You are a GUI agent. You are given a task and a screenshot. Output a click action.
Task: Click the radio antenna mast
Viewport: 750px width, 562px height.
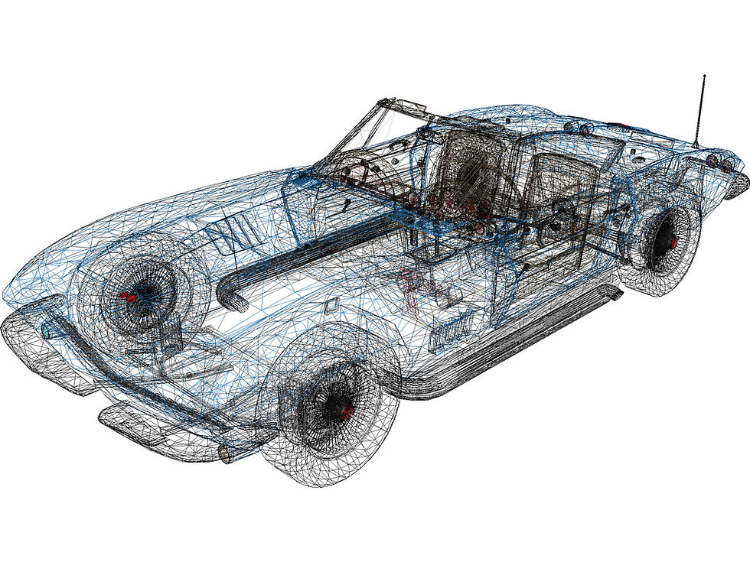click(x=699, y=111)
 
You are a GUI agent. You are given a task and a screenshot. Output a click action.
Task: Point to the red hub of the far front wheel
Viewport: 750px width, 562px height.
click(x=126, y=297)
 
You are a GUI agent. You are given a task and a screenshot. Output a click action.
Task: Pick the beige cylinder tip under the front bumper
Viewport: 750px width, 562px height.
click(x=227, y=454)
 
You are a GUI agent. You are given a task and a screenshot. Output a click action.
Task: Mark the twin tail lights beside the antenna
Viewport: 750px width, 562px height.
click(x=717, y=161)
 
